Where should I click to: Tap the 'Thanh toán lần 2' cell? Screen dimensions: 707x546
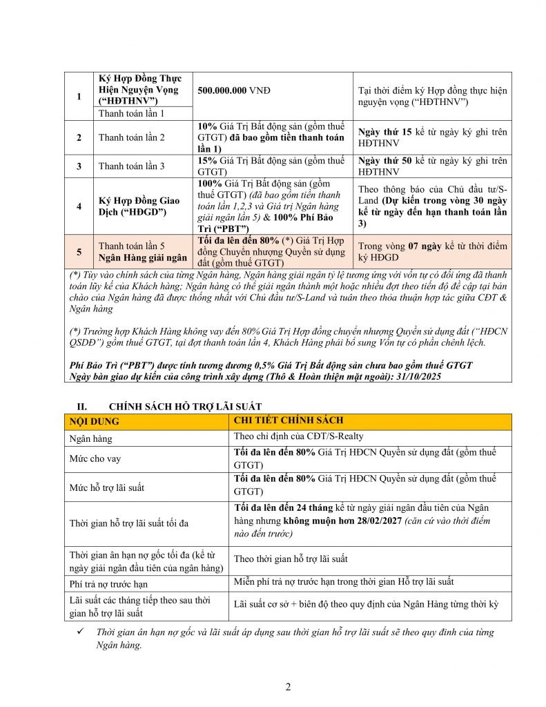[x=132, y=137]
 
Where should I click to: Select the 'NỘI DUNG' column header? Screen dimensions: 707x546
[x=94, y=421]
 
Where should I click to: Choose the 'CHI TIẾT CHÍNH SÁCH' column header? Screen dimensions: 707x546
[x=289, y=420]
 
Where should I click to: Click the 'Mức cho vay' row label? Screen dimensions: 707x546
[x=95, y=459]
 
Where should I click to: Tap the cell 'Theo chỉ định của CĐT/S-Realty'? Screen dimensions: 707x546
[x=298, y=437]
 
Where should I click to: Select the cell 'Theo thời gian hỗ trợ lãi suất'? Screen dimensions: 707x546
[x=291, y=559]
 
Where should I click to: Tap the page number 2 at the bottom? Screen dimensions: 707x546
[x=289, y=687]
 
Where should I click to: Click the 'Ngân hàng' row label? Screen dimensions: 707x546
[x=91, y=438]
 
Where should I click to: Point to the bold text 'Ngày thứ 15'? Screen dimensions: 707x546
[x=385, y=131]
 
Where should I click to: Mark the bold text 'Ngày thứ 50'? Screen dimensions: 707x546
[x=385, y=160]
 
